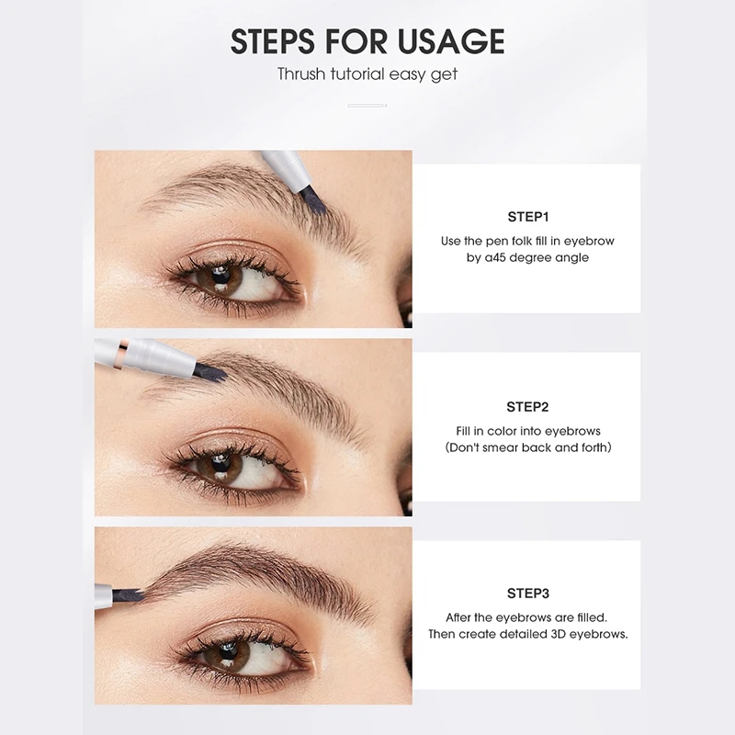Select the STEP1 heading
pyautogui.click(x=527, y=218)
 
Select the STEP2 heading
pyautogui.click(x=527, y=406)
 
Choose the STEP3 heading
pyautogui.click(x=527, y=594)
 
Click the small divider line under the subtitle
pyautogui.click(x=367, y=106)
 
